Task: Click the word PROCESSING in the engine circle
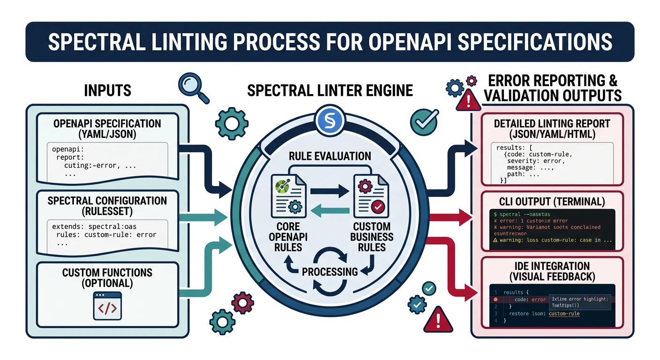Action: click(330, 271)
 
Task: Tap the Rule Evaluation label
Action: click(330, 156)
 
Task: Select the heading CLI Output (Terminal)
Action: click(552, 202)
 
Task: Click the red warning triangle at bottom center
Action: click(438, 320)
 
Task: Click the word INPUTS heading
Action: click(107, 90)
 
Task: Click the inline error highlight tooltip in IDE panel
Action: click(579, 301)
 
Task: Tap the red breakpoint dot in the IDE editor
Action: click(495, 299)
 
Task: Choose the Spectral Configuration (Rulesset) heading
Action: click(107, 206)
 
